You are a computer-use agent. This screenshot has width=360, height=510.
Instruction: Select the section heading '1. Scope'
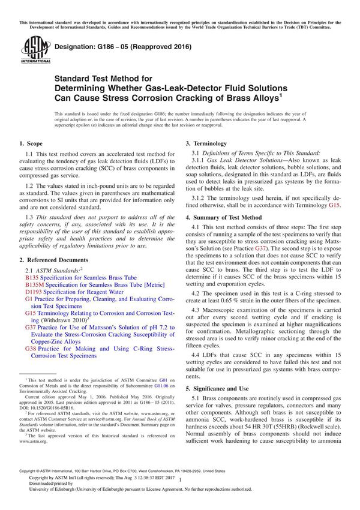(x=30, y=143)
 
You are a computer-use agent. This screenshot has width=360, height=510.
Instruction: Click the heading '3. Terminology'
(x=206, y=143)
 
